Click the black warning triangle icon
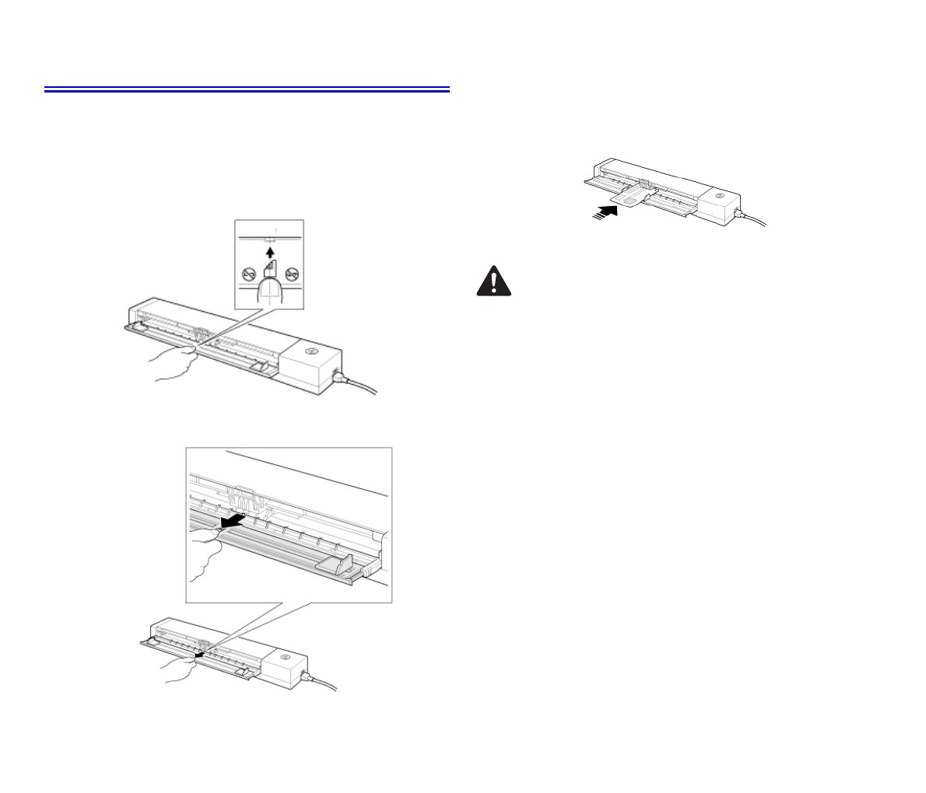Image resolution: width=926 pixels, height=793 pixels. tap(493, 281)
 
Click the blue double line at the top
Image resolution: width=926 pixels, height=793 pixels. tap(247, 90)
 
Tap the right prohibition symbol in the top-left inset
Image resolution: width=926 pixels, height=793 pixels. tap(293, 274)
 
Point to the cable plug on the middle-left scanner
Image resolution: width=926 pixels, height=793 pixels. tap(340, 379)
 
